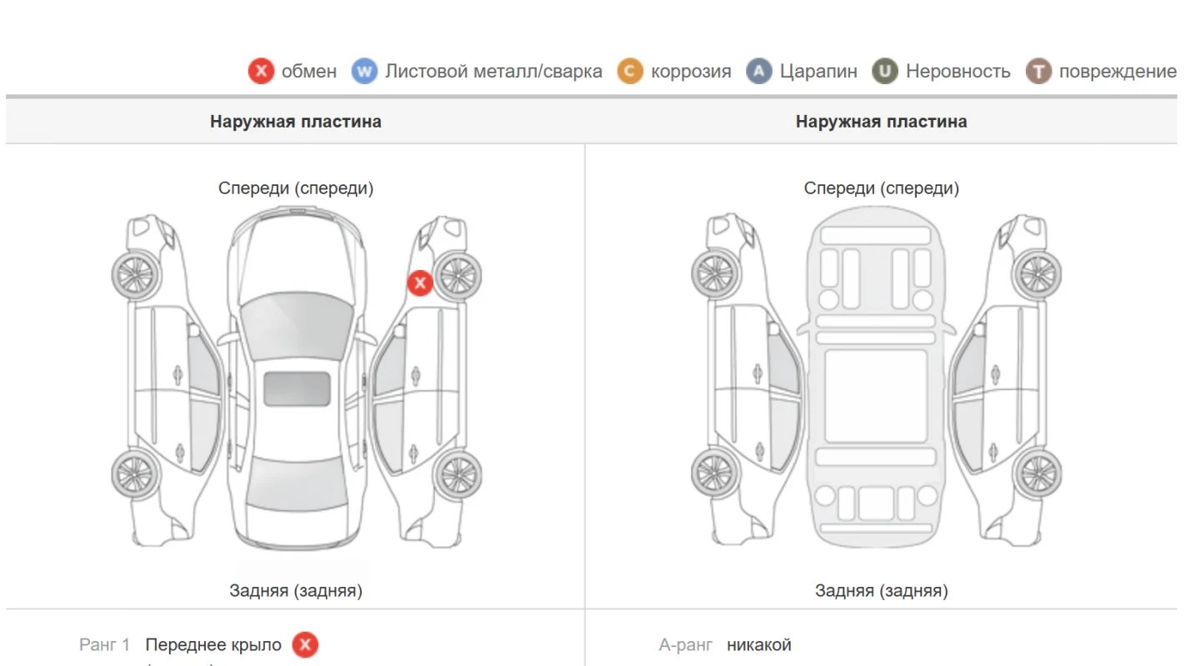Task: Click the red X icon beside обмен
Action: (261, 71)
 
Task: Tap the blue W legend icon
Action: (364, 71)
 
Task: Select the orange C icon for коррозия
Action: (630, 71)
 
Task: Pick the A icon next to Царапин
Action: (759, 71)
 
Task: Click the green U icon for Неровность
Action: (885, 71)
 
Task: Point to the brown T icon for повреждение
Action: (1038, 71)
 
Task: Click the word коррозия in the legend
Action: (691, 72)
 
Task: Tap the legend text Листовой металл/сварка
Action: (493, 71)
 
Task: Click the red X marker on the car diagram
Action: (420, 283)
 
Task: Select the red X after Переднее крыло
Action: (305, 644)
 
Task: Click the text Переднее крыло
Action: (213, 645)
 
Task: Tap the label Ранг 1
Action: (104, 644)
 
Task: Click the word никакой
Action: (759, 644)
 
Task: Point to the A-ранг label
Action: (686, 645)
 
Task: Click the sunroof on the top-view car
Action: (297, 388)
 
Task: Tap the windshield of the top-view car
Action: (297, 326)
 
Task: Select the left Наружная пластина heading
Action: (296, 122)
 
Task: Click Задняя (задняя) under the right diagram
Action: (882, 590)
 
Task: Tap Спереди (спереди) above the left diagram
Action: (296, 188)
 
